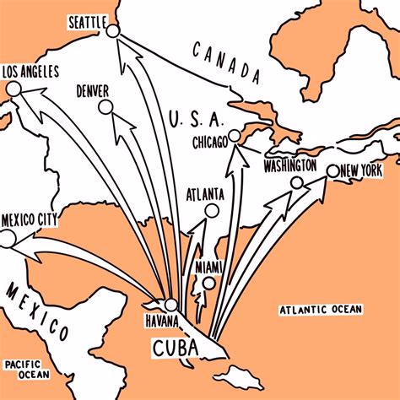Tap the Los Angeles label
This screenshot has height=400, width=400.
(30, 73)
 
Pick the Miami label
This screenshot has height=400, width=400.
(208, 268)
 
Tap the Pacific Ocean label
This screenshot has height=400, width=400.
(25, 368)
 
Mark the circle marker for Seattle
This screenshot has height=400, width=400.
(113, 30)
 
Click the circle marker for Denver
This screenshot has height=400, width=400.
(105, 107)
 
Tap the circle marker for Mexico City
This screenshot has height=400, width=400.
(8, 240)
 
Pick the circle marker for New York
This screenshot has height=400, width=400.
(332, 171)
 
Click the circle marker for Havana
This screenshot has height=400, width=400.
(172, 305)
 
